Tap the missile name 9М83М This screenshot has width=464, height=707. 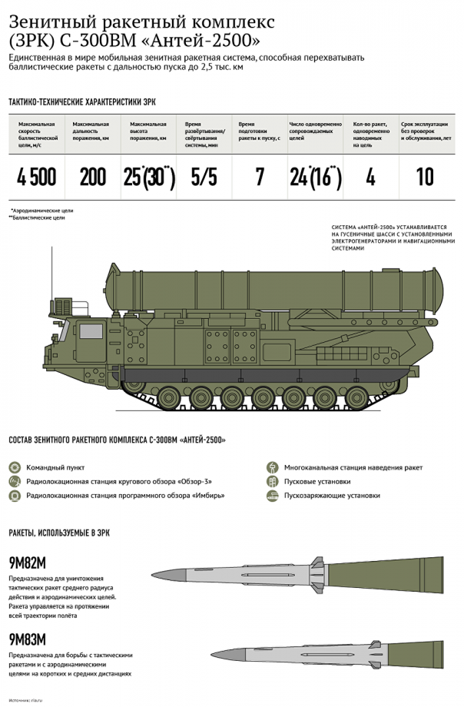pyautogui.click(x=28, y=639)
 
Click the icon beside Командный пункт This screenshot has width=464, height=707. pyautogui.click(x=14, y=467)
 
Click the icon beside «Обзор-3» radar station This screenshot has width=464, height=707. pyautogui.click(x=14, y=481)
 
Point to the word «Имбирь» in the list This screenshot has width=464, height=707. pyautogui.click(x=208, y=496)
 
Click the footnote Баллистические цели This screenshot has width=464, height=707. pyautogui.click(x=38, y=217)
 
